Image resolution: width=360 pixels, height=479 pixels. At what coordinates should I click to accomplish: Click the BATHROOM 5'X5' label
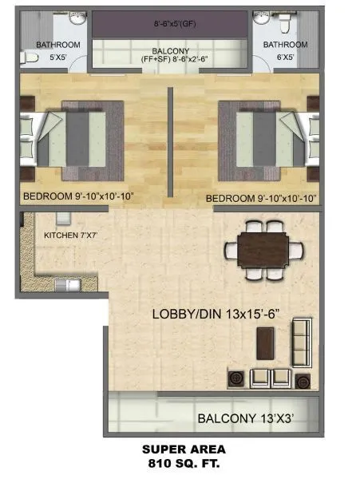(x=58, y=50)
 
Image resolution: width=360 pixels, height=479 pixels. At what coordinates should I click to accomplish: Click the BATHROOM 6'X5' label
(x=285, y=50)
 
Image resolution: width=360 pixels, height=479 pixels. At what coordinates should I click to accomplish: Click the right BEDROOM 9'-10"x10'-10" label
(x=261, y=198)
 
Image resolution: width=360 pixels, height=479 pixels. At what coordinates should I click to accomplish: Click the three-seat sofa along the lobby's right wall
(x=302, y=342)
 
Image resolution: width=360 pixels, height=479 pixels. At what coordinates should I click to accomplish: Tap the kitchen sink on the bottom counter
(x=62, y=284)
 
